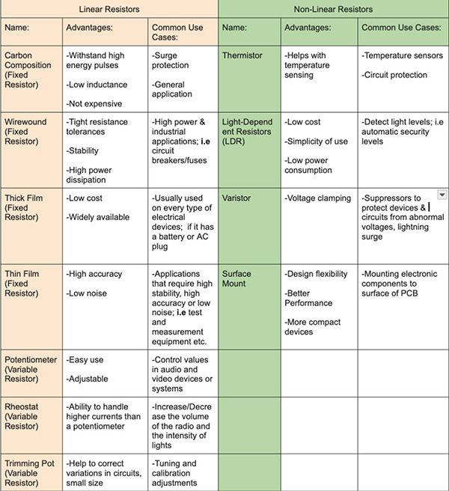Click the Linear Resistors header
pyautogui.click(x=109, y=9)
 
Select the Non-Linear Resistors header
pyautogui.click(x=334, y=9)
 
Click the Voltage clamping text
pyautogui.click(x=318, y=198)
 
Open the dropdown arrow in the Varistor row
pyautogui.click(x=442, y=195)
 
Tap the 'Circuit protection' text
pyautogui.click(x=394, y=75)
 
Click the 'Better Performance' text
pyautogui.click(x=308, y=298)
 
